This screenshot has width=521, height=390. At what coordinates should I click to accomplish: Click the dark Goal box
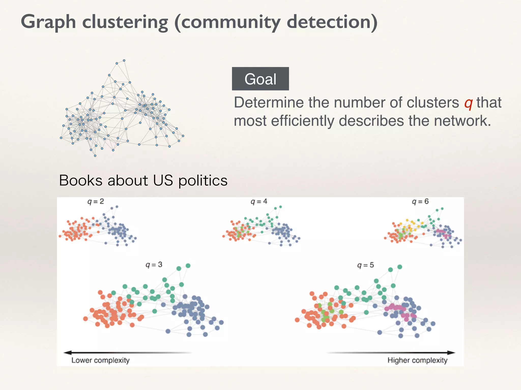click(260, 79)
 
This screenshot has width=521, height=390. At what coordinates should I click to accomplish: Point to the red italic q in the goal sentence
click(468, 103)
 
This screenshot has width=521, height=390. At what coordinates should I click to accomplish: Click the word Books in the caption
click(81, 181)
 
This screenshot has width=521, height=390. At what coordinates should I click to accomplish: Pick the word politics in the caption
click(203, 181)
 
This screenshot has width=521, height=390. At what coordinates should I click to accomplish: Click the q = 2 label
click(96, 202)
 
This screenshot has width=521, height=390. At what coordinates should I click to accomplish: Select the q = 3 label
click(154, 265)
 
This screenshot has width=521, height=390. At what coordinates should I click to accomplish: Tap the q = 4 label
click(259, 202)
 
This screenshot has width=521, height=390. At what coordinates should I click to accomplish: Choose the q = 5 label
click(366, 265)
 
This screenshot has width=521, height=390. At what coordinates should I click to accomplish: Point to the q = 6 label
click(420, 202)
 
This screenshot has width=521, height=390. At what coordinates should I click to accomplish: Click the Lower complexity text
click(100, 360)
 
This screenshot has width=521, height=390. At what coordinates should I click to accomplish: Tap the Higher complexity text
click(417, 360)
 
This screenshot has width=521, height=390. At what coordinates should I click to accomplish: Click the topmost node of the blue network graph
click(124, 60)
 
